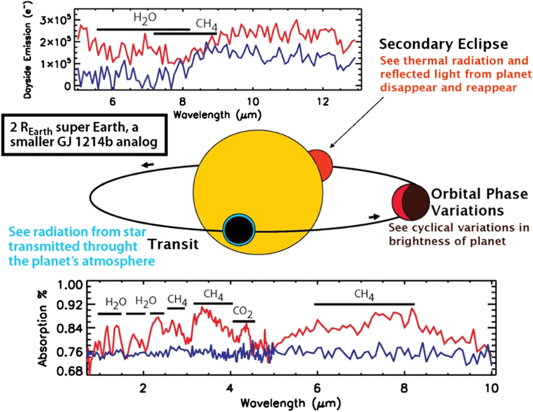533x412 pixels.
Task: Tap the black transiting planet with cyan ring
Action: click(238, 229)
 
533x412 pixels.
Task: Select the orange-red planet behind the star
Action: click(323, 165)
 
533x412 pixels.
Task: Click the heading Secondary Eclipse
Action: click(444, 44)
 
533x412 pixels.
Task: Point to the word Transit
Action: click(173, 244)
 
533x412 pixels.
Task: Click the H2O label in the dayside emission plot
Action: click(145, 18)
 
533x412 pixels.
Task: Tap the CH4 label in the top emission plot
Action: click(207, 25)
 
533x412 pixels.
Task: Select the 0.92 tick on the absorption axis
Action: click(69, 304)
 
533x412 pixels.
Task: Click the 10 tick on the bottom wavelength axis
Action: click(491, 388)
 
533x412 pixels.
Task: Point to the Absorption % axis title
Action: click(43, 329)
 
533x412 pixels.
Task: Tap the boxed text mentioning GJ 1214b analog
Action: click(84, 135)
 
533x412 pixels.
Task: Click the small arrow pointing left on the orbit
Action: click(148, 165)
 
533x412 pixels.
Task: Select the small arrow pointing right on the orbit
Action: click(374, 216)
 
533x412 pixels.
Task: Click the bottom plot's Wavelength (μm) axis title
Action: click(290, 403)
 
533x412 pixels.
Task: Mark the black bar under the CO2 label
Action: click(244, 321)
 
